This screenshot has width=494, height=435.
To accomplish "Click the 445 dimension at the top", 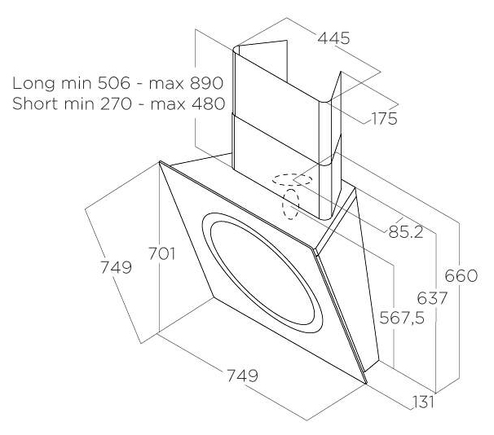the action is tap(333, 38).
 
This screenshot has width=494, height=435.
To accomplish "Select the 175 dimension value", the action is tap(385, 119).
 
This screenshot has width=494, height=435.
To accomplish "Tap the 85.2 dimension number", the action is tap(406, 232).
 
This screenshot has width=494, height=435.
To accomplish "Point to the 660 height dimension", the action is tap(461, 275).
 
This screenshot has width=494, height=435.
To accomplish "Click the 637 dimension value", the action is tap(432, 298).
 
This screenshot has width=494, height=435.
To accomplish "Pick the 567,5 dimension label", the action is tap(402, 318).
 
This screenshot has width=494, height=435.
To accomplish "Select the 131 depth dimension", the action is tap(423, 402).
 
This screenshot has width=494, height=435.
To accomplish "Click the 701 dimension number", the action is tap(161, 253).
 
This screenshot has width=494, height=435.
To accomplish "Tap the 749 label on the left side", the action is tap(116, 267).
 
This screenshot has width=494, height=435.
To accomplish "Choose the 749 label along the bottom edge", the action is tap(242, 376).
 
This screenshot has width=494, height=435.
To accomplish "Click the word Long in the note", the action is tap(33, 83).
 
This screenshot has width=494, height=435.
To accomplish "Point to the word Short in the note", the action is tap(35, 103).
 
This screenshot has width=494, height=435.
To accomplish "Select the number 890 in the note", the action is tap(207, 83).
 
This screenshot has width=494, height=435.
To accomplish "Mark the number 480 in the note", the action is tap(209, 103).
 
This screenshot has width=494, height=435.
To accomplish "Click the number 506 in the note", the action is tap(114, 83).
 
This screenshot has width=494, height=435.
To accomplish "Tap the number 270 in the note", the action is tap(116, 103).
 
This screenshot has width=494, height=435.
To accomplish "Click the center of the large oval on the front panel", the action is tap(262, 273).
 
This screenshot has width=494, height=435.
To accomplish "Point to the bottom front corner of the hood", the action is tap(367, 384).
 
